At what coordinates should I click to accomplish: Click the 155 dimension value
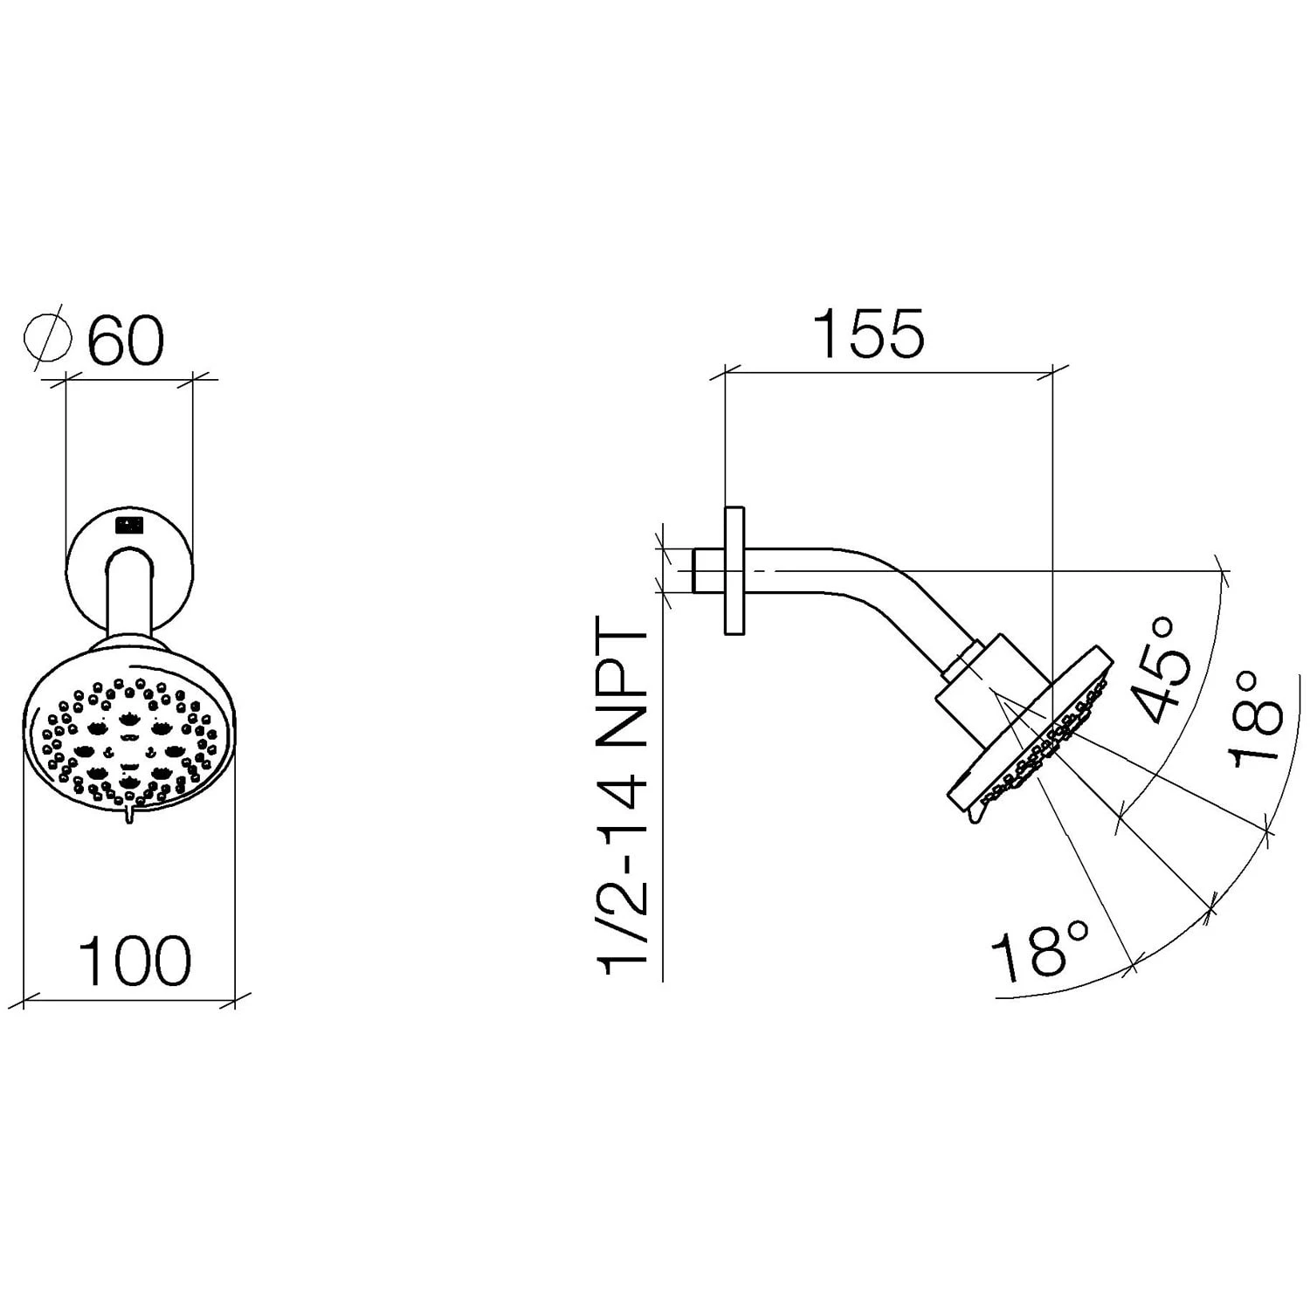point(868,334)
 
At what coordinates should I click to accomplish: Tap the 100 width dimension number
point(134,961)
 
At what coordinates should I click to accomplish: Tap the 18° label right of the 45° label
point(1258,720)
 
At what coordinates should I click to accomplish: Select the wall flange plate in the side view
point(734,570)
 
